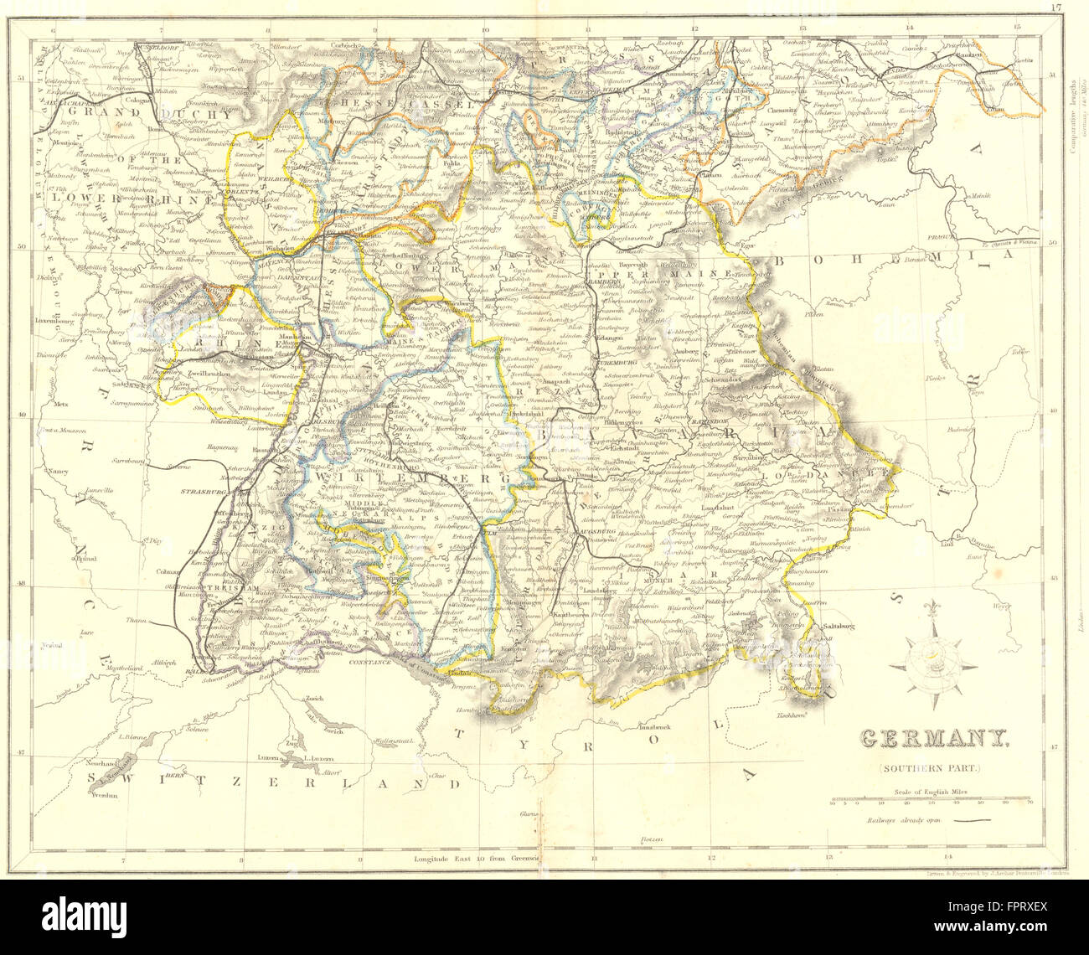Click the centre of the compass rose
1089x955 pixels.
click(x=933, y=663)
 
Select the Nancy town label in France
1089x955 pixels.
click(x=58, y=471)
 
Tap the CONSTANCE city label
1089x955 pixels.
click(x=369, y=662)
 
